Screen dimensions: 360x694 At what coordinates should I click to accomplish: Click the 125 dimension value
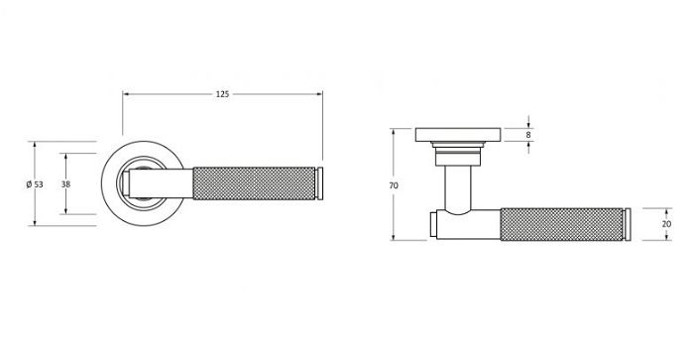point(222,94)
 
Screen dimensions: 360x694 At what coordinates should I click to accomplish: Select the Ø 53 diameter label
point(38,184)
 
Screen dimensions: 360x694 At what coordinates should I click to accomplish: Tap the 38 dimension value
point(65,184)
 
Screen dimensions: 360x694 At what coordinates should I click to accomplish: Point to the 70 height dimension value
point(394,185)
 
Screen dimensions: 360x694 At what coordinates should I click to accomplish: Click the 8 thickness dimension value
point(528,135)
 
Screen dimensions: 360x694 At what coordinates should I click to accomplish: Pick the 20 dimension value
point(665,224)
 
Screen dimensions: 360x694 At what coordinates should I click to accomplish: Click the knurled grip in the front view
point(255,184)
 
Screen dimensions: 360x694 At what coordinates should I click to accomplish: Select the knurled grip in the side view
point(562,224)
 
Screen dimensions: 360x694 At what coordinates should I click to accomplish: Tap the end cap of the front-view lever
point(320,184)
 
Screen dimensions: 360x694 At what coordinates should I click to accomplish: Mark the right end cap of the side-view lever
point(628,224)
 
